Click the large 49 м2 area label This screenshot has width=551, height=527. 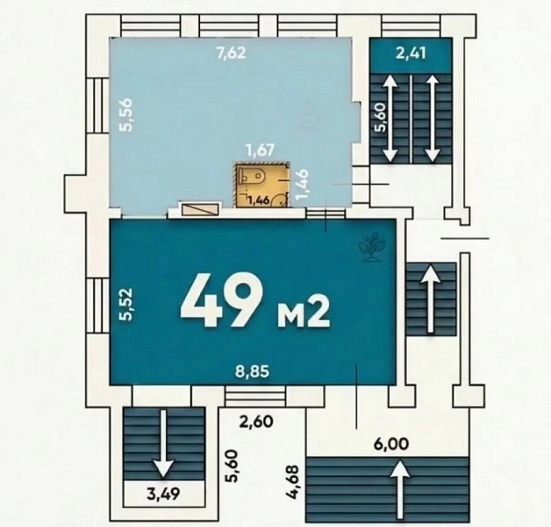(254, 300)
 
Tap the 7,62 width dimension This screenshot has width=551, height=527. (231, 53)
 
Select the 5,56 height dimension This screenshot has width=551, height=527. (125, 115)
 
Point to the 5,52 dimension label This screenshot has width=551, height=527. (125, 304)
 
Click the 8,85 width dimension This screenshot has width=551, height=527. (253, 372)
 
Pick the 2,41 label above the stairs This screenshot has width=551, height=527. (411, 53)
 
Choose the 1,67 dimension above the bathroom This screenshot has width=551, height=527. (260, 150)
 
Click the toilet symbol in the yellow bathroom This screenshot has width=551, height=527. (252, 176)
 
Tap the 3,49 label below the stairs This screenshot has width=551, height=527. (164, 494)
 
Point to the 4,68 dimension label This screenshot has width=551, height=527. (293, 482)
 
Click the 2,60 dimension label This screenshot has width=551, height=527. (256, 421)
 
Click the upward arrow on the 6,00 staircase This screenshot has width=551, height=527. (399, 490)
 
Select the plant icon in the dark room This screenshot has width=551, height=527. (373, 246)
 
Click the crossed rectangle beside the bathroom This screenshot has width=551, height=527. (200, 210)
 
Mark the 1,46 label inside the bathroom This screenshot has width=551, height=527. (259, 201)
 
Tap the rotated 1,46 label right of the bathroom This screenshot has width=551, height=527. (304, 184)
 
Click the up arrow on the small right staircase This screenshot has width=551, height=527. (430, 299)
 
